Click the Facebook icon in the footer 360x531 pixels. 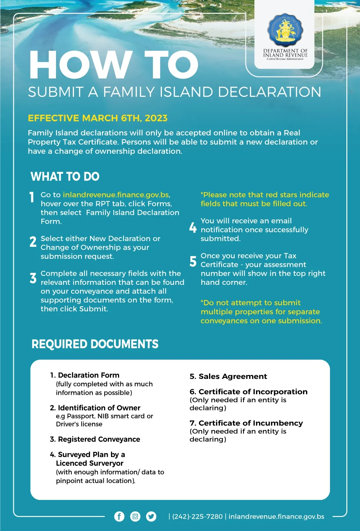(119, 516)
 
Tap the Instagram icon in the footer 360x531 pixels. (135, 516)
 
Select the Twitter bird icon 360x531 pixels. (151, 516)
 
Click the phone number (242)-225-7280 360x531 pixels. (197, 517)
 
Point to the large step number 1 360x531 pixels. (32, 197)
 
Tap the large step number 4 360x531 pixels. (193, 228)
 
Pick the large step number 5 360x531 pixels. (193, 261)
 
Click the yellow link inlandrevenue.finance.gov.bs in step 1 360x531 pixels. (116, 195)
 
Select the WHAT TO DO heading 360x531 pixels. (65, 176)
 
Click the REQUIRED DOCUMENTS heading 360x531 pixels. (95, 344)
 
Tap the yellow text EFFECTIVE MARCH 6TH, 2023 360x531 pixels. (98, 118)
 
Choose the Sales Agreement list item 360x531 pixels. (228, 377)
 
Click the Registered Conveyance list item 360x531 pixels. (95, 439)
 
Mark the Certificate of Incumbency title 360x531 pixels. (246, 423)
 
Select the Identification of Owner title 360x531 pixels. (95, 408)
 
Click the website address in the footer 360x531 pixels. (276, 517)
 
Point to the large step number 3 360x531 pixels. (33, 278)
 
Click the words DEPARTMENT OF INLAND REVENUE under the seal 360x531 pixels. (285, 53)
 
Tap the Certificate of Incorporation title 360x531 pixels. (249, 392)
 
